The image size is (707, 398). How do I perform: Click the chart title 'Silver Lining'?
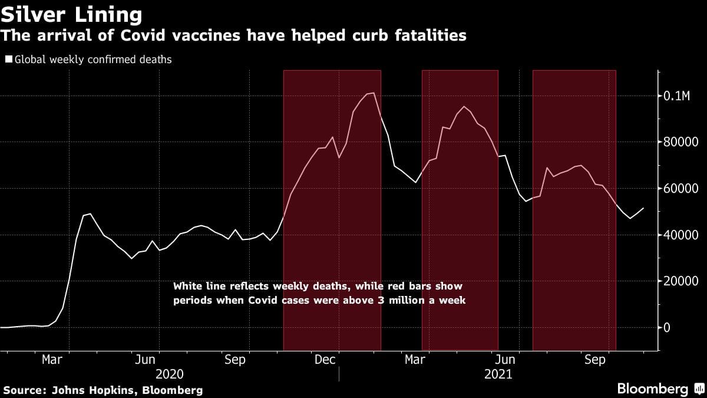coord(71,14)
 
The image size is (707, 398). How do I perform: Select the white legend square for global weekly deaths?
coord(9,60)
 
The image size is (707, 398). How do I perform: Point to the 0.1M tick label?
coord(678,96)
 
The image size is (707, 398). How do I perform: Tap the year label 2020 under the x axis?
coord(170,374)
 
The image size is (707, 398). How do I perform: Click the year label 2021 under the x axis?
coord(498,374)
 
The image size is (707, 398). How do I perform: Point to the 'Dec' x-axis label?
coord(325,360)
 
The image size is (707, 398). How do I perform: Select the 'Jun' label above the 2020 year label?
coord(145,360)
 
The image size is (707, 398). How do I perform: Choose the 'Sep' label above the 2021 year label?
coord(595,360)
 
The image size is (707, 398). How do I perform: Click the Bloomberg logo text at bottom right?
coord(652,389)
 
